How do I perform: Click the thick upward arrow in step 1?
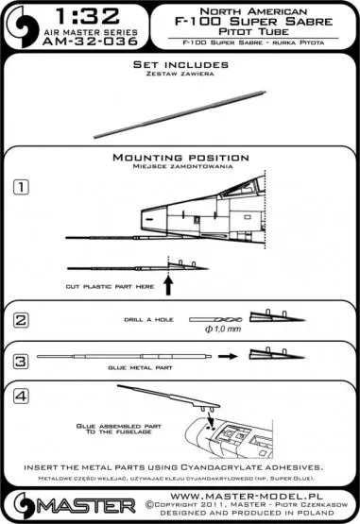click(x=170, y=280)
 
